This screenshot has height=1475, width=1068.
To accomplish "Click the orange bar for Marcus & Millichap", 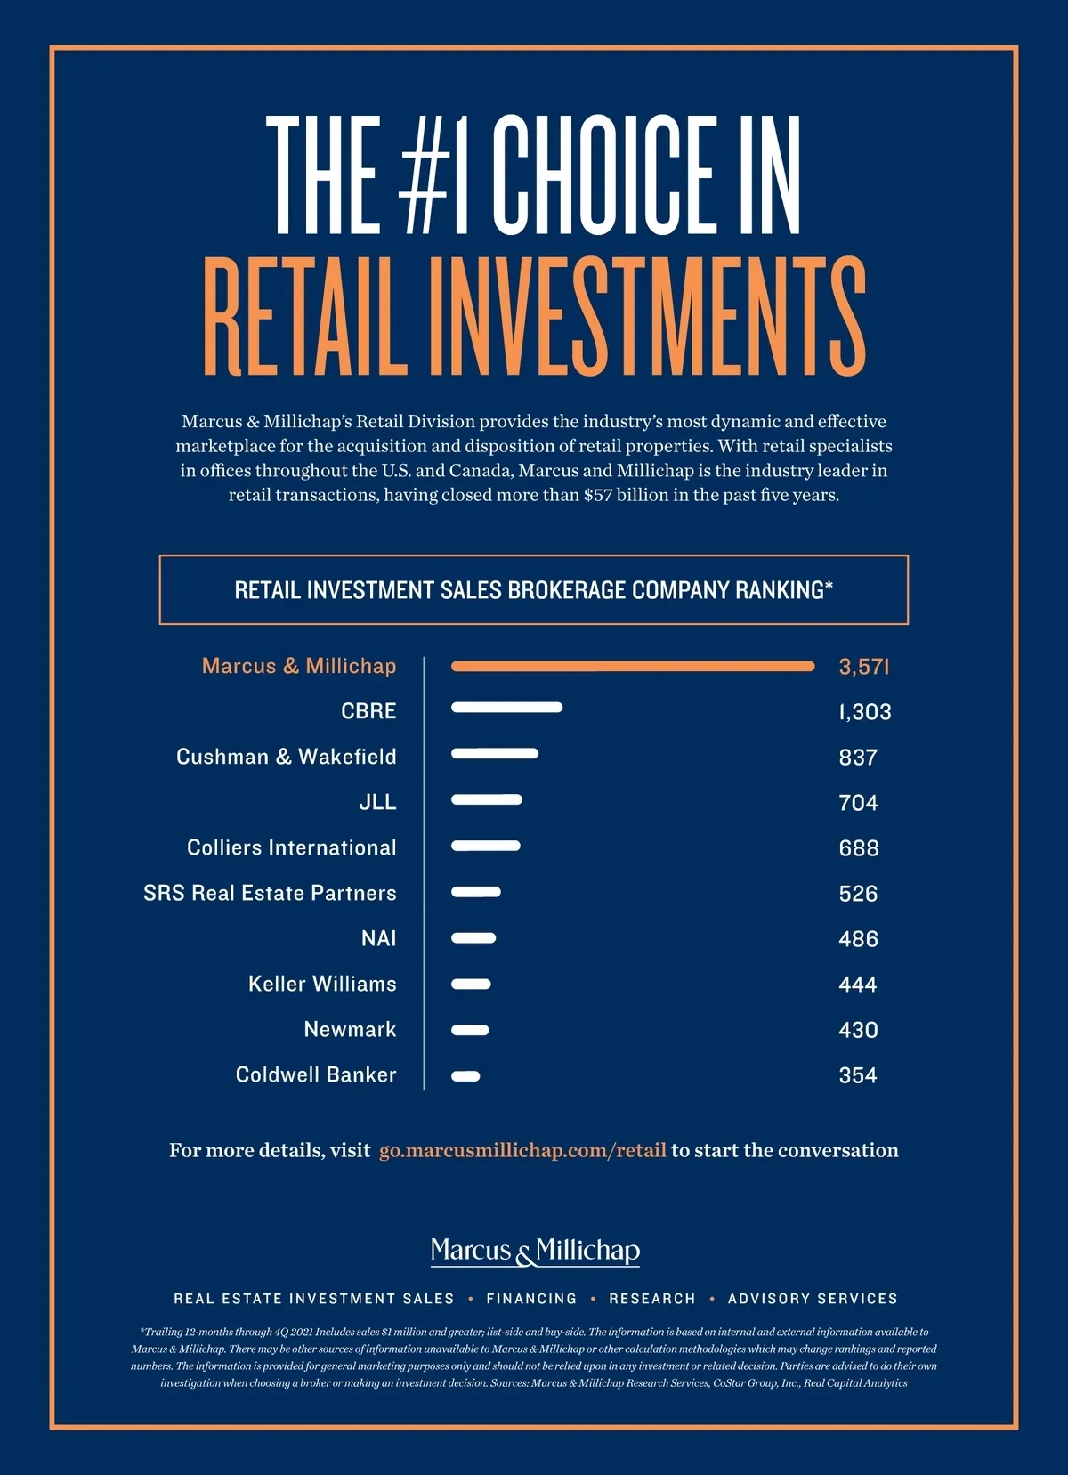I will tap(632, 666).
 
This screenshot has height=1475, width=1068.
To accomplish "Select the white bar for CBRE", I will tap(506, 708).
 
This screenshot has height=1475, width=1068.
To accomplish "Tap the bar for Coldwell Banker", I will tap(465, 1076).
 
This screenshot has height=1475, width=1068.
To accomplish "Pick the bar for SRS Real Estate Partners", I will tap(476, 892).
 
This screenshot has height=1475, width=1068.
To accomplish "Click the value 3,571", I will tap(863, 667).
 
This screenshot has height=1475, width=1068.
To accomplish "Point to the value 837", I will tap(858, 758).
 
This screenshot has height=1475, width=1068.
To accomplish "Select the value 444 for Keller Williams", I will tap(858, 985).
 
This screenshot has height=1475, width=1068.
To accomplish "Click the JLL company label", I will tap(377, 802).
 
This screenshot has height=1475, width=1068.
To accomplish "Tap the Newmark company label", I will tap(350, 1030).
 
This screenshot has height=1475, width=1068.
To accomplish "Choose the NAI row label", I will tap(378, 938).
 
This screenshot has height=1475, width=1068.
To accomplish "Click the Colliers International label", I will tap(291, 847).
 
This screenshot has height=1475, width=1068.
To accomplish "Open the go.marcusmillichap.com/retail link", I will tap(522, 1150).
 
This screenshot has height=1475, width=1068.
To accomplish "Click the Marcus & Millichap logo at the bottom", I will tap(535, 1252).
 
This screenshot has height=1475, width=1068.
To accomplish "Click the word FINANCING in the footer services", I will tap(531, 1299).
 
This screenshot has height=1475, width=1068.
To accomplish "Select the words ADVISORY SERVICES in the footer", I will tap(813, 1299).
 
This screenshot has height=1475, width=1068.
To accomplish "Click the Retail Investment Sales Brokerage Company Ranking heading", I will tap(533, 590).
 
